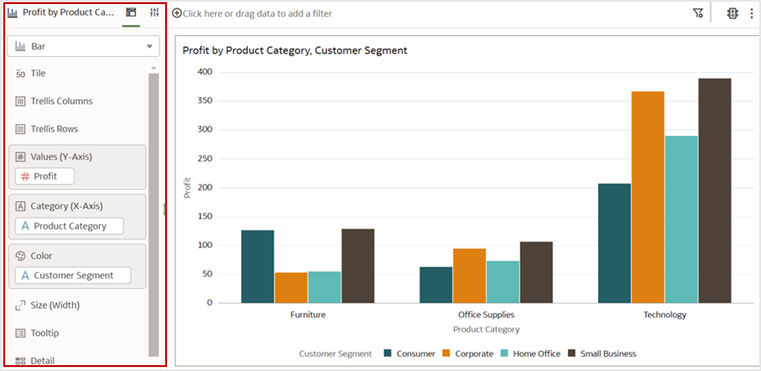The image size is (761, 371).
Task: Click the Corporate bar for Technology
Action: [647, 198]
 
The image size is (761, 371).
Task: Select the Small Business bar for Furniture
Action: [358, 266]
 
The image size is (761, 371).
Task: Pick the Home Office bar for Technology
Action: [681, 220]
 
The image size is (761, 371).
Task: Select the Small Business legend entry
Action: [602, 354]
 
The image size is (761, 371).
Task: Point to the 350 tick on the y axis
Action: [205, 101]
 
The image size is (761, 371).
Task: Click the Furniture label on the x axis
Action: [308, 315]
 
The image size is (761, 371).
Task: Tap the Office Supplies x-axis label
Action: [486, 315]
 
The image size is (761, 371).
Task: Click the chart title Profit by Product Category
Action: [294, 51]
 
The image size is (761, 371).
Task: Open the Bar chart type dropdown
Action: [83, 47]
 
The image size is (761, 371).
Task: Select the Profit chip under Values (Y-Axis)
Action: [45, 177]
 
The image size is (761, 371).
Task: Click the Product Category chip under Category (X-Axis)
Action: [69, 226]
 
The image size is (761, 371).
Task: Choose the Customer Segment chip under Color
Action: [73, 275]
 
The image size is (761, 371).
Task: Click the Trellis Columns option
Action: [61, 101]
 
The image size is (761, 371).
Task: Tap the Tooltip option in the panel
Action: [44, 333]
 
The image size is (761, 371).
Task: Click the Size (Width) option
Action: [55, 305]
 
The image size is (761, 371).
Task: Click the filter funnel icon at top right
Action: [698, 14]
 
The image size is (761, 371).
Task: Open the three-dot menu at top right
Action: [751, 14]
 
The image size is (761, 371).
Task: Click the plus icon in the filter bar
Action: [177, 14]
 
